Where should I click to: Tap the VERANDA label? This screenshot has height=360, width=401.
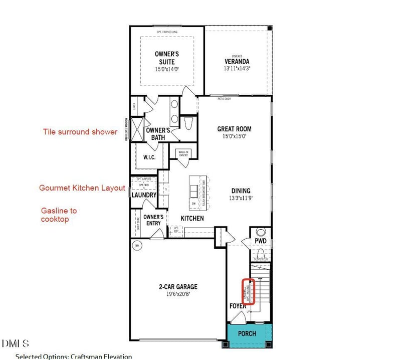click(x=237, y=62)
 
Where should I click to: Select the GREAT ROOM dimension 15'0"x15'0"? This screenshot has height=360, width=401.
click(x=234, y=136)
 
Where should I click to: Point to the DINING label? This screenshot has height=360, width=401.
click(x=241, y=191)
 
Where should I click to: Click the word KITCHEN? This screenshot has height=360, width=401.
click(x=192, y=219)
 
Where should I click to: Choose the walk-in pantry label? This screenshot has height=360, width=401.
click(x=180, y=153)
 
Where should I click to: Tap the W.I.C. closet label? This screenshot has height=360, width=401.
click(x=149, y=157)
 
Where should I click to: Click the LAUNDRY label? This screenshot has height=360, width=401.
click(x=144, y=195)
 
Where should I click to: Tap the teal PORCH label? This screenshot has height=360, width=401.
click(x=247, y=333)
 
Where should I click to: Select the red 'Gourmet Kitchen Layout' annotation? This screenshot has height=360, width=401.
click(x=82, y=188)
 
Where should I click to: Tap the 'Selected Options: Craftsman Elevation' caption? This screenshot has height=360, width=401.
click(x=74, y=356)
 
